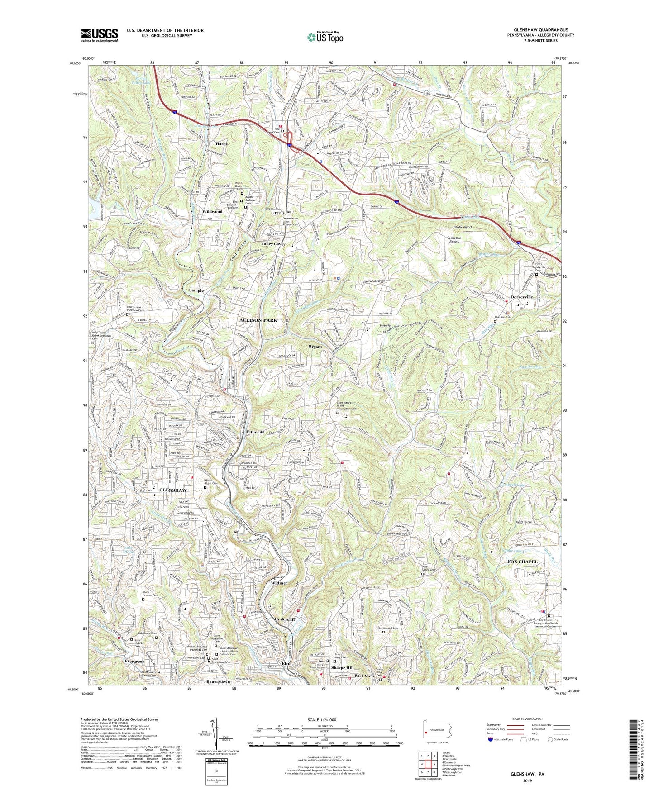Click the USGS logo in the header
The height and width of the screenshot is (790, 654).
pos(99,34)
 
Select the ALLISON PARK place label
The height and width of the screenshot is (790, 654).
pos(258,320)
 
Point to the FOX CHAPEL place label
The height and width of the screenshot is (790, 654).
pos(522,562)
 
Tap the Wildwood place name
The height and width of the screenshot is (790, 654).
pos(212,211)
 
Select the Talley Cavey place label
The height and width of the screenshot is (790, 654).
pos(273,244)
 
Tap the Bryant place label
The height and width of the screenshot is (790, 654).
pos(315,347)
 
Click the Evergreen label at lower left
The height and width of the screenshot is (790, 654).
pos(134,661)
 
